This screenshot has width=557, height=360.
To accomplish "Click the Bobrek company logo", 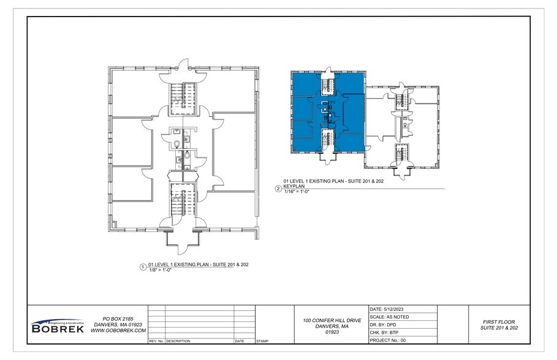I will point(58,326).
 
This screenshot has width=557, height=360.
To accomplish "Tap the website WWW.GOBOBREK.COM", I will point(118,331).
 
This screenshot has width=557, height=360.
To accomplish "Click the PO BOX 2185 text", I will point(118,319).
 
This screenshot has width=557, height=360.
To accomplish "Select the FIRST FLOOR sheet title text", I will point(499,321).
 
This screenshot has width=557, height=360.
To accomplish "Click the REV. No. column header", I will point(156,341).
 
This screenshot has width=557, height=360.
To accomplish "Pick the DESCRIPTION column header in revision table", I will point(178,341).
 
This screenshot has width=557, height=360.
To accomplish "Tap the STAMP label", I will point(262,341).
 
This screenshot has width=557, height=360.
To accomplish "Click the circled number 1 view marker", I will point(143,267).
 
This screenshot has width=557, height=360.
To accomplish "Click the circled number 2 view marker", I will point(278,189).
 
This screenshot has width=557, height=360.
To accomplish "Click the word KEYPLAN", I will point(295,186).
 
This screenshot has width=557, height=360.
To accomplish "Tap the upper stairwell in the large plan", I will point(181,96).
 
